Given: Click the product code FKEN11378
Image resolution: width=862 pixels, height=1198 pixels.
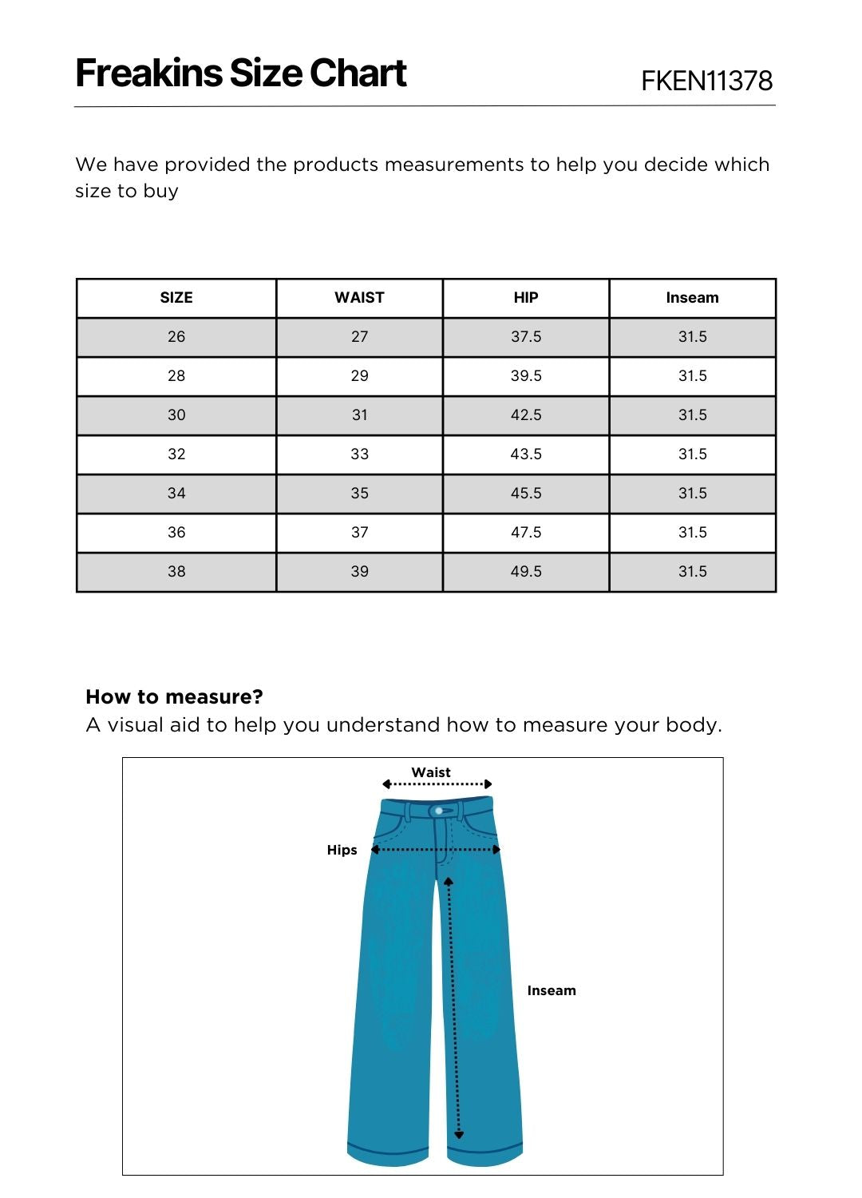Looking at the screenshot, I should point(706,81).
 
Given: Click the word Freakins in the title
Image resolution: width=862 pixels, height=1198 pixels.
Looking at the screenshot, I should point(148,73).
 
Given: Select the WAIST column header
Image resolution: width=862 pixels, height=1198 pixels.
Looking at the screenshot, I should point(359,298).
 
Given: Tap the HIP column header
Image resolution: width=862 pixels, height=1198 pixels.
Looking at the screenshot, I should point(526,298).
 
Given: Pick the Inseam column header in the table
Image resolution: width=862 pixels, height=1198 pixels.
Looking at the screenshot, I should point(692,298).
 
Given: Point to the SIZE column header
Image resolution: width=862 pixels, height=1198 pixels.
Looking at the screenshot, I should point(176,298).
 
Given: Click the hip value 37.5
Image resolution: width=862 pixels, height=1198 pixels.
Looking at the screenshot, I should point(526,337).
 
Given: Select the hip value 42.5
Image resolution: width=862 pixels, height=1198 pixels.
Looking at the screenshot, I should point(526,415).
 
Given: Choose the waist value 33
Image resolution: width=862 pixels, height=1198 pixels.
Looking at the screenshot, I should point(359,454).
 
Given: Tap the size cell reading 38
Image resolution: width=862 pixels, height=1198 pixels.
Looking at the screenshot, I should point(176,572).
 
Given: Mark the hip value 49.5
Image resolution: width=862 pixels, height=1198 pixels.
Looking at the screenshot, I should point(526,572).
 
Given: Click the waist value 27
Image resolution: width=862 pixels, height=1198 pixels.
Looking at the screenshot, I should point(359,337).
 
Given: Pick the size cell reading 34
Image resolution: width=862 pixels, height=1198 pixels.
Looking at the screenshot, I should point(176,494).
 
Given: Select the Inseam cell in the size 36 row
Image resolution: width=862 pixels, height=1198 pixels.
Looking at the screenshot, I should point(692,533).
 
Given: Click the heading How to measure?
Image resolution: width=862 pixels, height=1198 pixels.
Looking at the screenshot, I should point(174,696).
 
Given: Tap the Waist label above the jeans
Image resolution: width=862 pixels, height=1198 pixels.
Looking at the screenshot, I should point(431,772).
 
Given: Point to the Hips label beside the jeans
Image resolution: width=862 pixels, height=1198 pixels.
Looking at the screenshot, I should point(342,850).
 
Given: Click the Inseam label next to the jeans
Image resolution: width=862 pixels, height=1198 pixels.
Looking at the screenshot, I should point(552,990).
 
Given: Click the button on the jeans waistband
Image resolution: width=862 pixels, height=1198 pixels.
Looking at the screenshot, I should point(439,811).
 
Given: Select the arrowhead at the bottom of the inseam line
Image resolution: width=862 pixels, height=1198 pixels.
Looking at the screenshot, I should point(459,1134).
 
